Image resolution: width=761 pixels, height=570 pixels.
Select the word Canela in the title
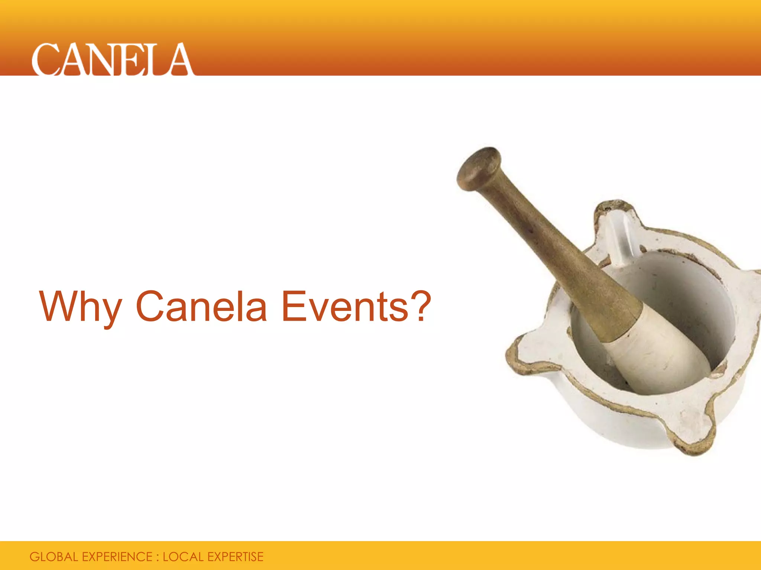(x=201, y=306)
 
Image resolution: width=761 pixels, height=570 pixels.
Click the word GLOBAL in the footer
(x=54, y=557)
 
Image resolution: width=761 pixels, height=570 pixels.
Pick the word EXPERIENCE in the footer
(x=117, y=557)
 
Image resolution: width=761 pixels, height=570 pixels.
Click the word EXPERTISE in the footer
(x=235, y=557)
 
